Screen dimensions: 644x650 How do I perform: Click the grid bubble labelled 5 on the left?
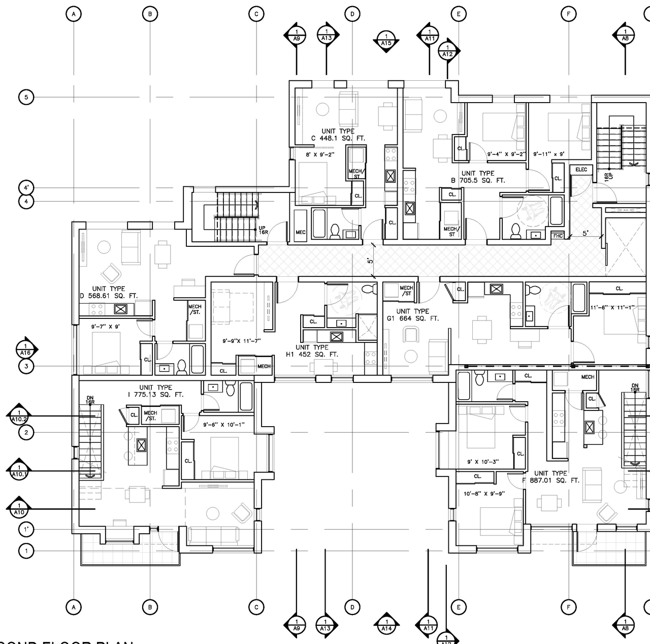coord(26,97)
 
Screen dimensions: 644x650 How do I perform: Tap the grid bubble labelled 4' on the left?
coord(26,187)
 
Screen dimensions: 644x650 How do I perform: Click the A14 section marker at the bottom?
coord(386,625)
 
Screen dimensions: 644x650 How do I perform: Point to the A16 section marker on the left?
coord(26,349)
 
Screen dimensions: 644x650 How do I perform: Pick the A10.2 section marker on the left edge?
coord(19,416)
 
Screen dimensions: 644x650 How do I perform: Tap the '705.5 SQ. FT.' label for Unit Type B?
coord(482,180)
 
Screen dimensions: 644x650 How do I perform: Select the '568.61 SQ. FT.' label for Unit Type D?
coord(111,296)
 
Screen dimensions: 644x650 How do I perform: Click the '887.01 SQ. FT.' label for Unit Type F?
coord(554,480)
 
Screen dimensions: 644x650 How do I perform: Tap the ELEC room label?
coord(581,170)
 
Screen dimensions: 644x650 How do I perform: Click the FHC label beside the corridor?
coord(558,236)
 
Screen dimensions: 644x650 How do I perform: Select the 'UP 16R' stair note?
coord(262,230)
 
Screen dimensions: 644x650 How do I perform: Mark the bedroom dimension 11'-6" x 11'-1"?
coord(612,307)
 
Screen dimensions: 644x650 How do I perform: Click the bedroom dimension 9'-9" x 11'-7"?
coord(242,341)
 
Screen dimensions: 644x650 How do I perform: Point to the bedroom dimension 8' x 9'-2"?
coord(320,154)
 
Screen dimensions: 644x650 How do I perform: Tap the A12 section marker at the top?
coord(447,51)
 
